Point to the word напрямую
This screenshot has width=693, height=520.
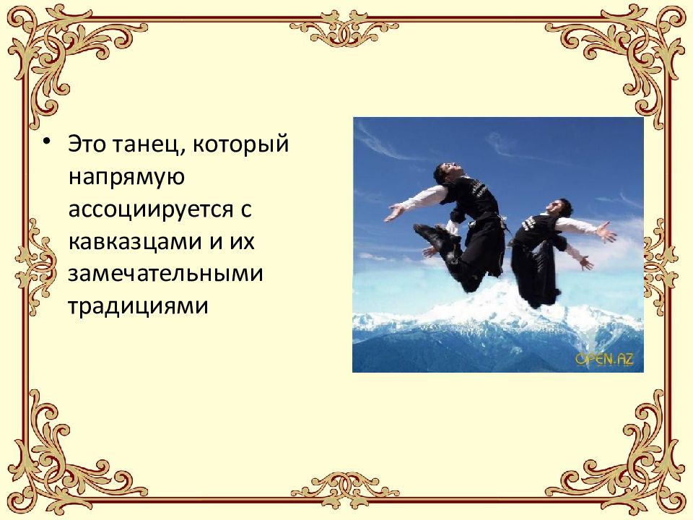118,177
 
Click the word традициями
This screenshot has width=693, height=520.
138,306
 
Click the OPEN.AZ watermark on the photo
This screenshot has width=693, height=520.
603,359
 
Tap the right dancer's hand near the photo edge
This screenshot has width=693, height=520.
607,234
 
